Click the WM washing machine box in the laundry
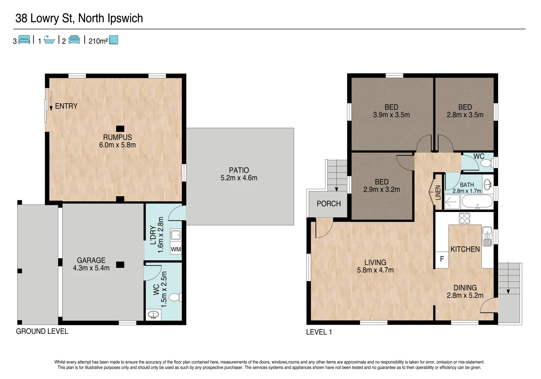176,249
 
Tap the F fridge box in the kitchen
442,259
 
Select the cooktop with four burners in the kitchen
464,218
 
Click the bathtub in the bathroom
477,202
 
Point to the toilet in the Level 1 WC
487,163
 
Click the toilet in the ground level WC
175,297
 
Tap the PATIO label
239,170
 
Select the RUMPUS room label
117,137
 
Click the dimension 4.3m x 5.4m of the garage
91,268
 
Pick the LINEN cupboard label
438,192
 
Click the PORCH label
328,204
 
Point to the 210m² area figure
98,41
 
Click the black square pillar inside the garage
120,265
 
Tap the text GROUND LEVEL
42,331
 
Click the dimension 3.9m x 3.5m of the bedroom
391,115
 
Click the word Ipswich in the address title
125,18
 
